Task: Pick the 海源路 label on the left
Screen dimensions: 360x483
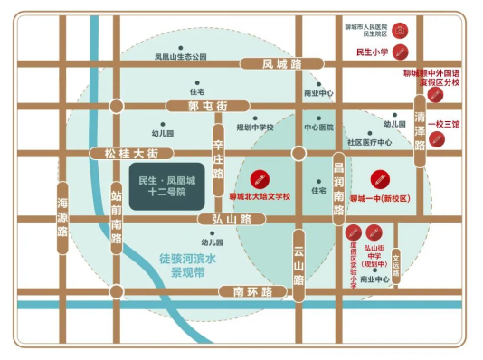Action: pos(62,217)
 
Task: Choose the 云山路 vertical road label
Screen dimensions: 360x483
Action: pos(298,262)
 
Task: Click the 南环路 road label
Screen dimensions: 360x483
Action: pos(246,291)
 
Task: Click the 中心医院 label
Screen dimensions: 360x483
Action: pos(319,128)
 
